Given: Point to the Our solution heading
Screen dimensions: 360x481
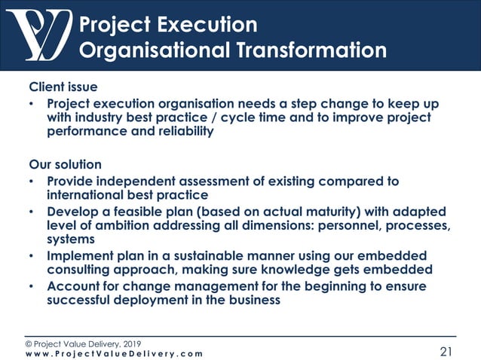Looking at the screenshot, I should (65, 164).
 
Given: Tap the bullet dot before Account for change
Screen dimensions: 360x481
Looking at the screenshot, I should (32, 287).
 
